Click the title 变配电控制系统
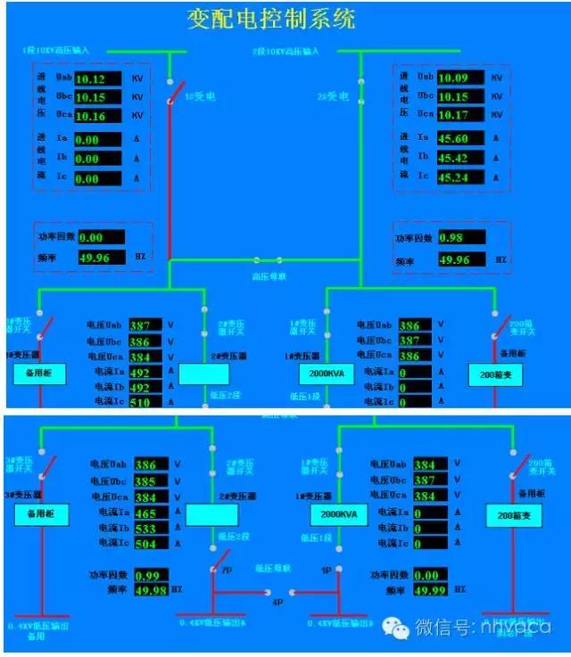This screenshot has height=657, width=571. [271, 20]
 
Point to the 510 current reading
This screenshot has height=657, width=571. [140, 401]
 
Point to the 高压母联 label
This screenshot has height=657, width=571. [265, 276]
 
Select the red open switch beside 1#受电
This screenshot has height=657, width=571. [177, 92]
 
